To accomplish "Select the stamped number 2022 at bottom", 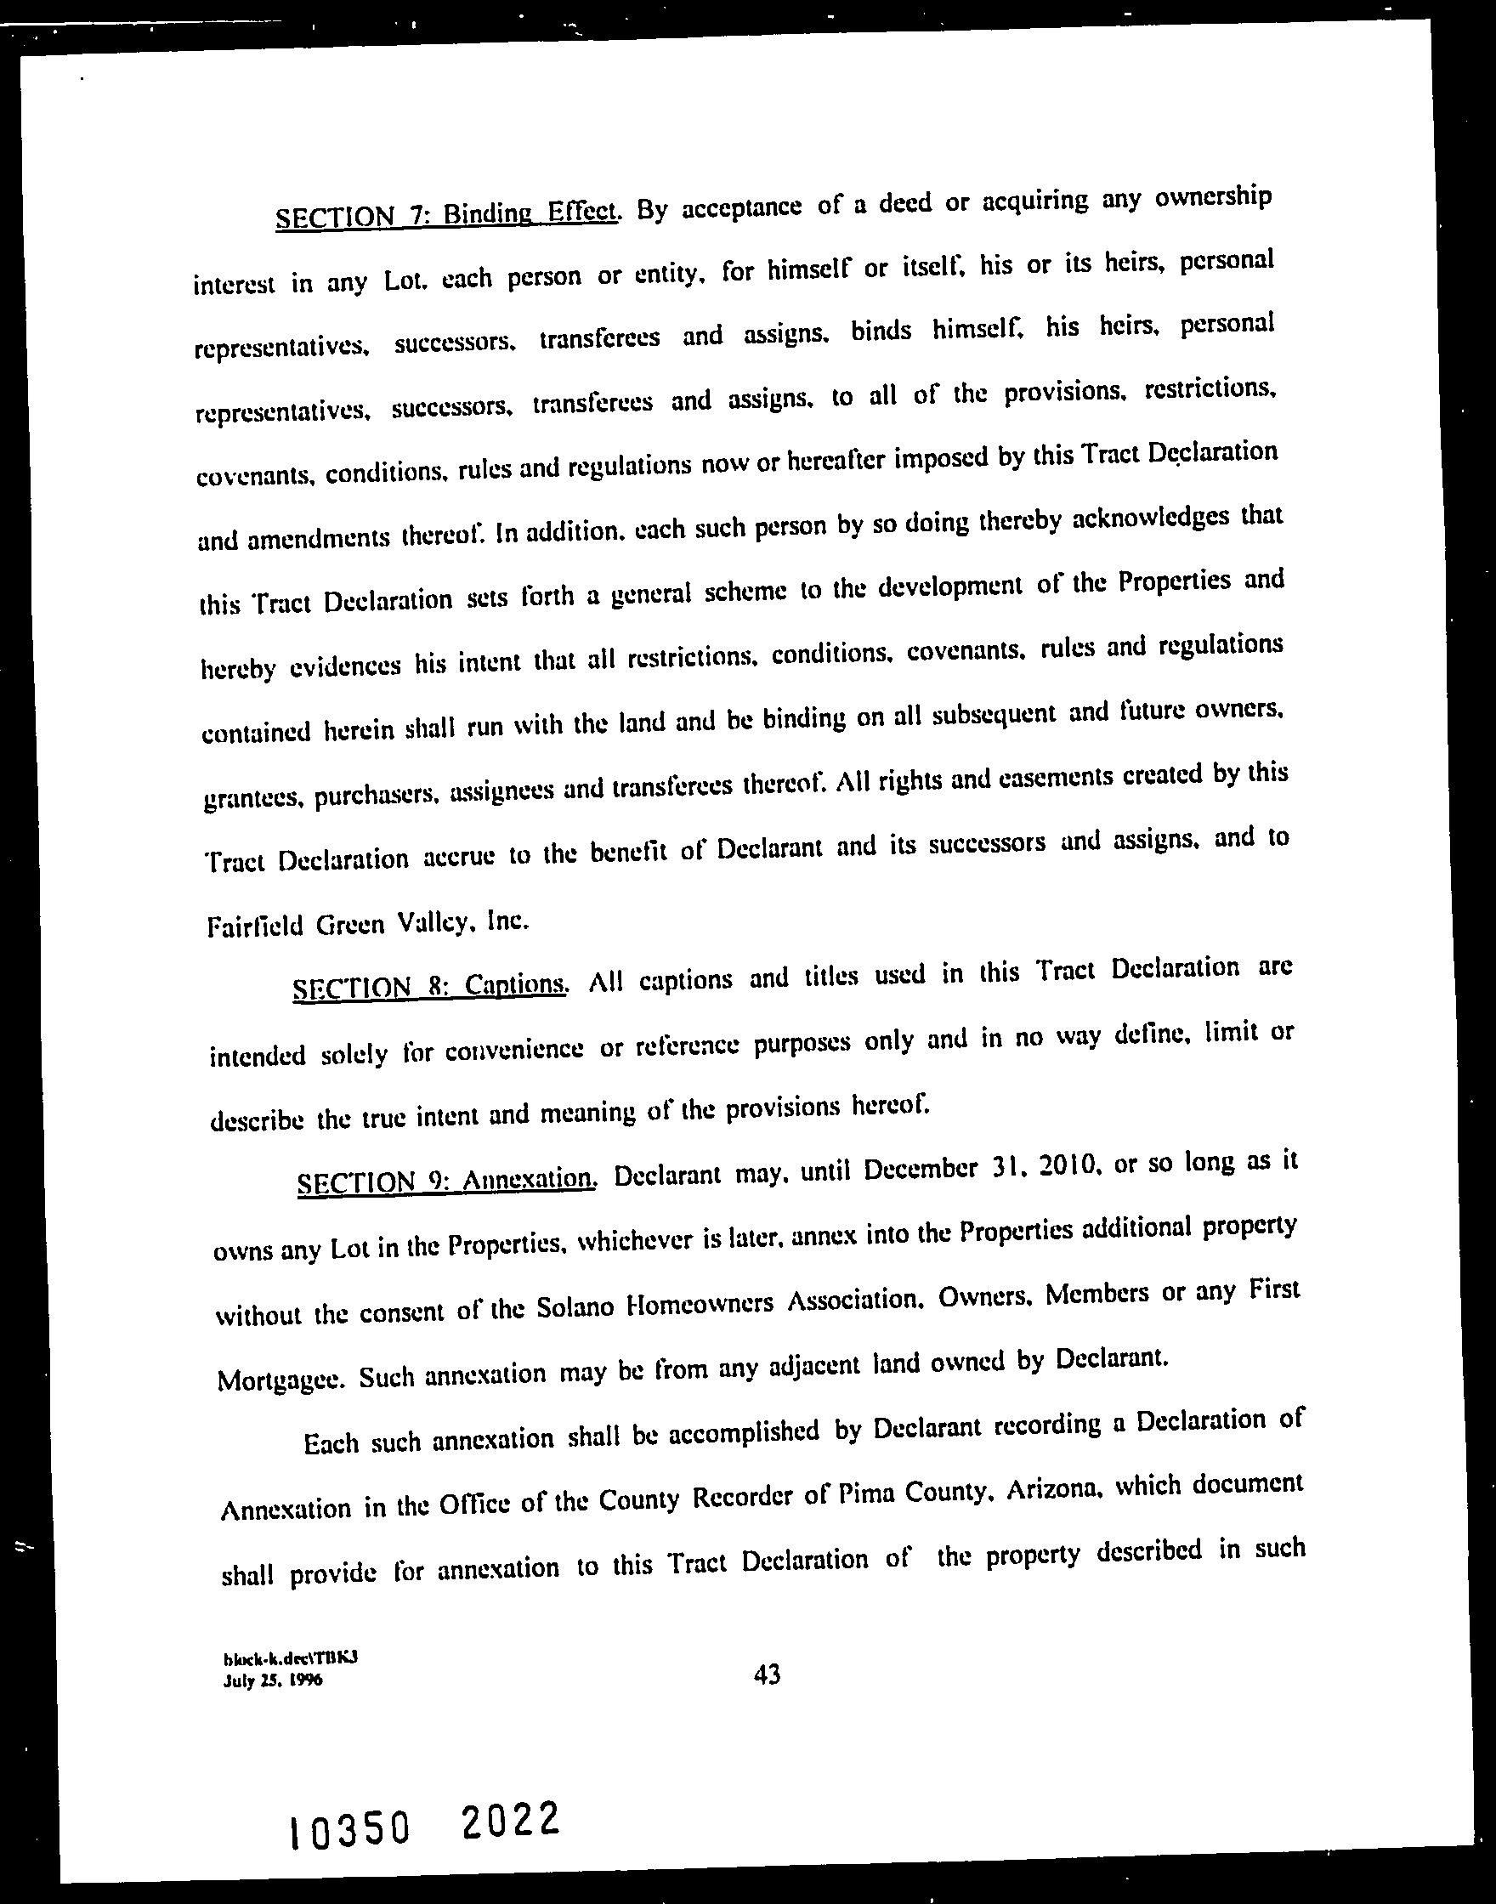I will pyautogui.click(x=509, y=1821).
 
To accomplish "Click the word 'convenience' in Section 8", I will pyautogui.click(x=513, y=1051).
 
